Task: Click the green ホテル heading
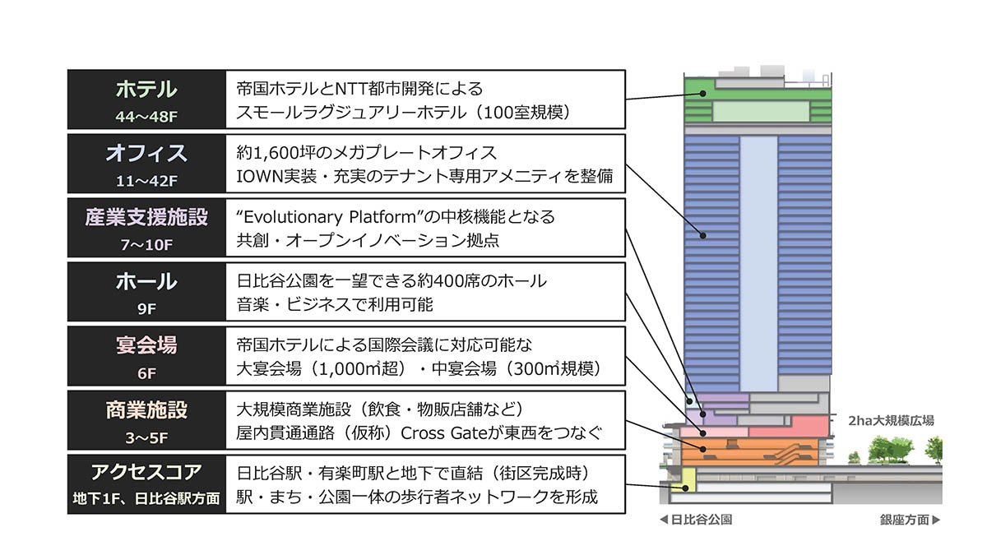tap(146, 89)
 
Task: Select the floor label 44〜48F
tap(146, 116)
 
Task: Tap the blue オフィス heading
tap(146, 153)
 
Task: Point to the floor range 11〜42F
tap(146, 180)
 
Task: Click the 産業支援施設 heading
tap(146, 217)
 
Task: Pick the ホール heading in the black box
tap(146, 281)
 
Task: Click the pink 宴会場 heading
tap(146, 345)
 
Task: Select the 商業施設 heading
tap(146, 409)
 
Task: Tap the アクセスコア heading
tap(146, 473)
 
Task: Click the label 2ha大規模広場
tap(891, 420)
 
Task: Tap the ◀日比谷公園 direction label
tap(695, 520)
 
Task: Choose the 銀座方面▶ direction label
tap(910, 520)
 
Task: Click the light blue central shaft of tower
tap(758, 263)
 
